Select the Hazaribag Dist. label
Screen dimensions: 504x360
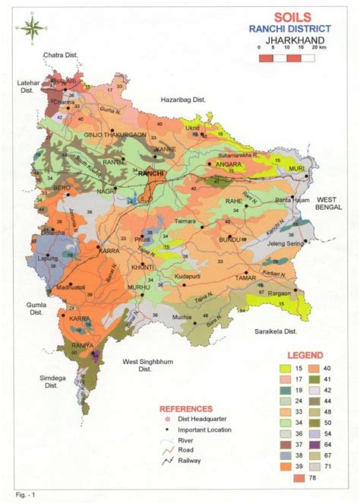(183, 100)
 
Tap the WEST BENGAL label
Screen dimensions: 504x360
(330, 202)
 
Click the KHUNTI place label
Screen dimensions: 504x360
(142, 268)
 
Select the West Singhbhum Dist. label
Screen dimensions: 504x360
(149, 366)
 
